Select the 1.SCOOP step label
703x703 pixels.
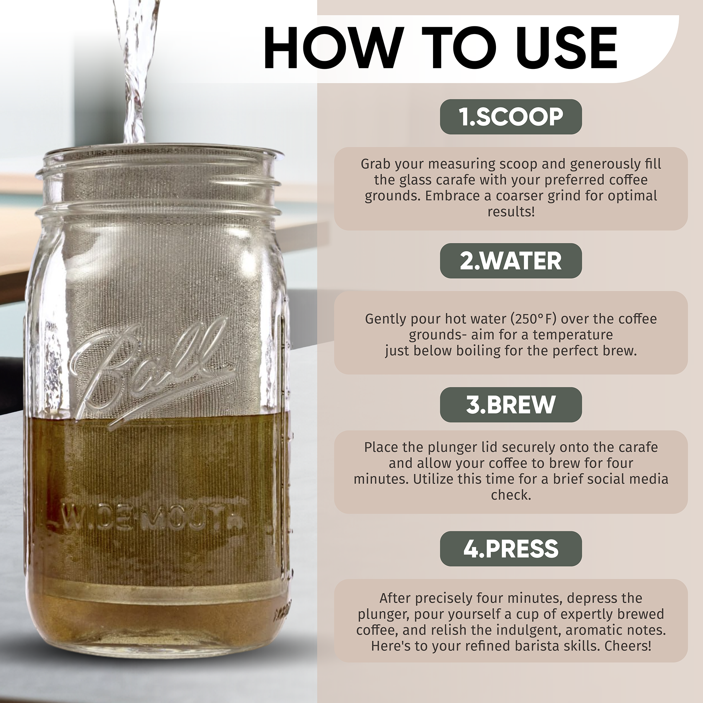point(511,117)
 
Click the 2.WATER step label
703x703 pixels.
point(511,261)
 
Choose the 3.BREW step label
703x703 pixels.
point(511,405)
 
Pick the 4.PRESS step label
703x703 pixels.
point(511,549)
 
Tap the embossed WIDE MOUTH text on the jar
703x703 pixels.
point(146,521)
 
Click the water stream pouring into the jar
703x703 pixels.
point(135,71)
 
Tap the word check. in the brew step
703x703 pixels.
point(511,495)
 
